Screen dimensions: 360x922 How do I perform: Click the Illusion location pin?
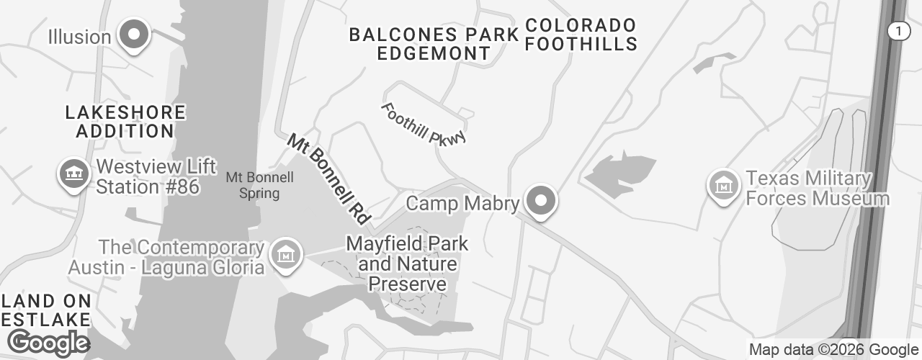pos(133,35)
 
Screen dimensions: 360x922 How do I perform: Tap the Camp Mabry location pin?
pos(541,201)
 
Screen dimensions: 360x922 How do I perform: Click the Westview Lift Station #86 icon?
pos(73,174)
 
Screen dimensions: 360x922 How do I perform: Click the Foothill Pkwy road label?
pos(424,124)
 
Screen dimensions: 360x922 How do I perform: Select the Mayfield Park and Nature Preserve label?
pos(407,264)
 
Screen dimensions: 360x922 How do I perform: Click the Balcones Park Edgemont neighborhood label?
pos(434,43)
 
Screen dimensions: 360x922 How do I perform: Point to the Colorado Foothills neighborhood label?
pos(581,35)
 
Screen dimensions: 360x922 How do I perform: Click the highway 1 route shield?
pos(898,30)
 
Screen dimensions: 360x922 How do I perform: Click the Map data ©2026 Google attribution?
pos(833,350)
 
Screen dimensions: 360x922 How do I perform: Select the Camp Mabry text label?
pos(462,204)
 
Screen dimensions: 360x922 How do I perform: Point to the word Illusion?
pos(79,36)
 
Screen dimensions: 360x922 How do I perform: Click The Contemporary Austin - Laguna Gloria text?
pos(166,257)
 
